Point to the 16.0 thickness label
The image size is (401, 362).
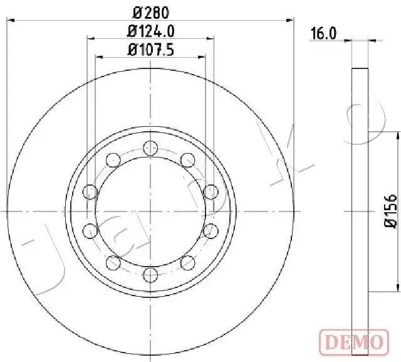click(324, 34)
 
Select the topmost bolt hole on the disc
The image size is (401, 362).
click(149, 148)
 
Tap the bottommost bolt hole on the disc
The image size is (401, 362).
click(149, 274)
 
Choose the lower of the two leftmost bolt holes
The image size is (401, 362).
click(90, 230)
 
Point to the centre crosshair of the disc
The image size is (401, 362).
click(150, 211)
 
